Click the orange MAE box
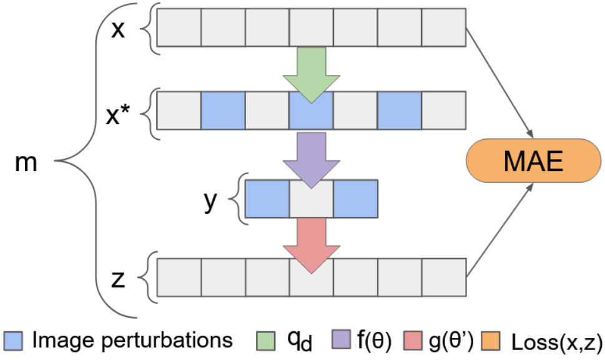pos(534,160)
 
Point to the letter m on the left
pos(26,163)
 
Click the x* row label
pos(118,114)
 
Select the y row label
pos(210,201)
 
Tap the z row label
pos(117,280)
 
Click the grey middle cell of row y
pos(312,199)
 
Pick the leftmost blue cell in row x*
pos(223,110)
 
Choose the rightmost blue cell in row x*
pos(400,110)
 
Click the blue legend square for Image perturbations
pos(13,341)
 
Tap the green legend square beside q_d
pos(266,341)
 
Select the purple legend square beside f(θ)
pos(341,339)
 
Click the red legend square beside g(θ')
pos(413,340)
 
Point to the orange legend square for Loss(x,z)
pos(490,341)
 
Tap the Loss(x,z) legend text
pos(557,342)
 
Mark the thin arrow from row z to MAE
pos(499,230)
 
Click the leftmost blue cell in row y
pos(267,199)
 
